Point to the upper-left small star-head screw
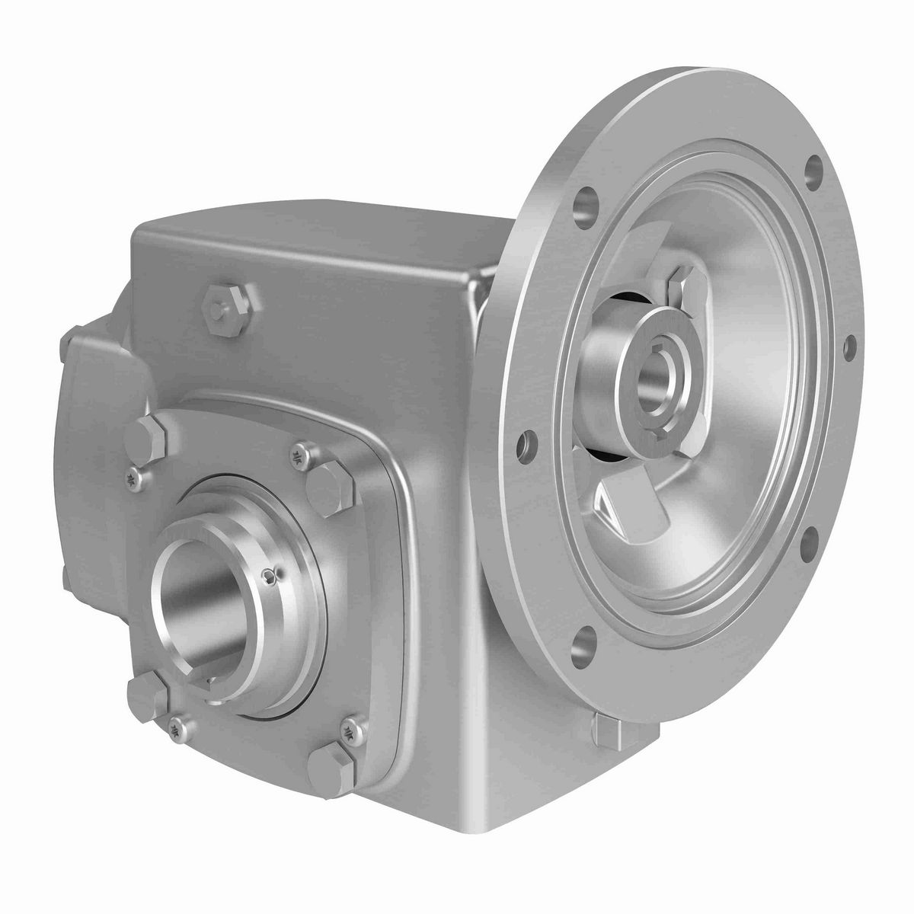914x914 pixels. click(133, 478)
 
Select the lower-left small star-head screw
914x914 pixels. click(177, 727)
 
